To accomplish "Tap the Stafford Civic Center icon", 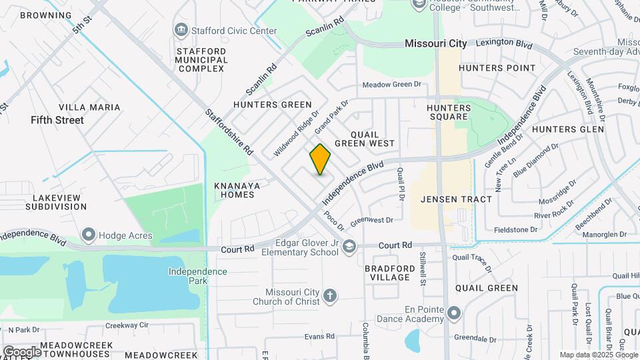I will pos(181,30).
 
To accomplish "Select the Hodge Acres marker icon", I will pos(88,235).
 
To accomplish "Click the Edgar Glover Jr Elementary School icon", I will pos(349,247).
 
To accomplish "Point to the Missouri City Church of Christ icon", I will pos(329,295).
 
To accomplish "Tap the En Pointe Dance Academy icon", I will pos(454,313).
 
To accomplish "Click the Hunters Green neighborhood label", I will pos(272,105).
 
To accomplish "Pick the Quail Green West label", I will pos(365,139).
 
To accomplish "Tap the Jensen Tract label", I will pos(457,199).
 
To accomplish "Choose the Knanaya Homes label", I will pos(234,190).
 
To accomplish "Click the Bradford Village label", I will pos(387,273).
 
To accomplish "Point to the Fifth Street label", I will pos(57,121).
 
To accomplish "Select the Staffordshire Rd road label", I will pos(227,132).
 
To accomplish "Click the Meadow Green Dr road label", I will pos(392,85).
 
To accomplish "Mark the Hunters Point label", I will pos(497,68).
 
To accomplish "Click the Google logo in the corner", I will pos(22,351).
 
